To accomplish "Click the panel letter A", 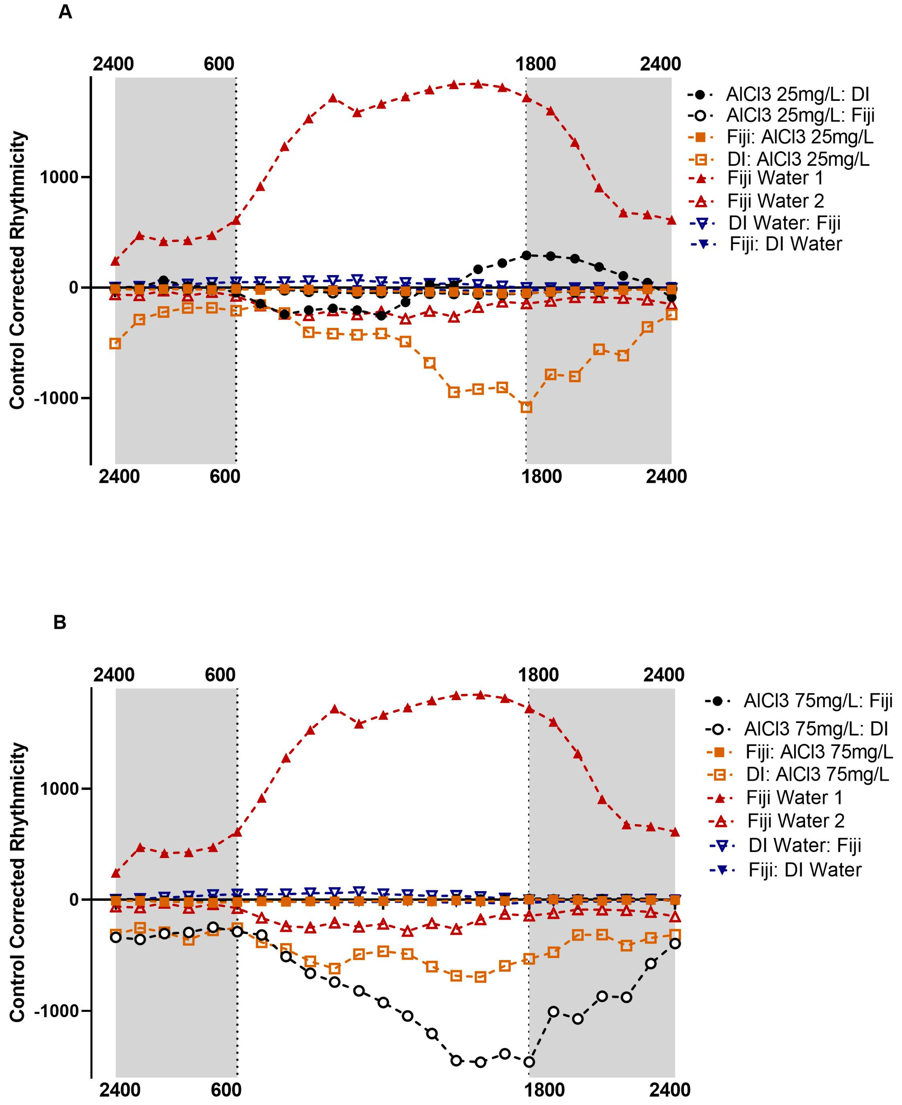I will [x=65, y=11].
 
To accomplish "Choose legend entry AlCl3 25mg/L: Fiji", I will [x=800, y=115].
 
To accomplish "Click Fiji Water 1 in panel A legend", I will [x=775, y=178].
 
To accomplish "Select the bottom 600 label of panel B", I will [x=226, y=1089].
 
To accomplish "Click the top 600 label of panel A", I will [x=219, y=64].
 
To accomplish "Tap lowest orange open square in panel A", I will [x=526, y=407].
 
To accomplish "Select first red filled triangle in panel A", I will [x=115, y=261].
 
